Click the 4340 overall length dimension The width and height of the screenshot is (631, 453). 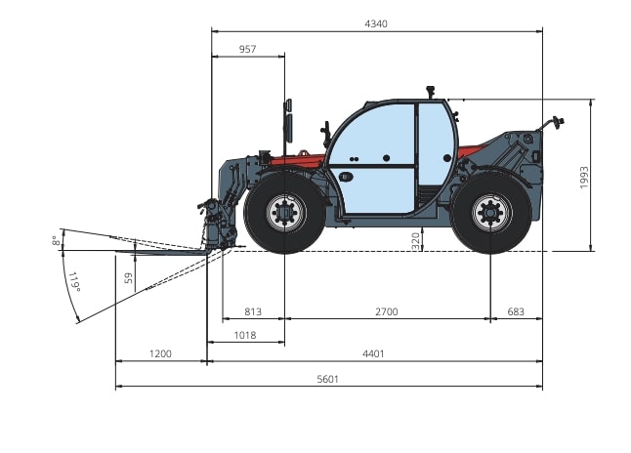[x=376, y=24]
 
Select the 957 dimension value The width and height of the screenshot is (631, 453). [x=247, y=49]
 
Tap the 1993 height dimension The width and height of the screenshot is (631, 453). [x=584, y=178]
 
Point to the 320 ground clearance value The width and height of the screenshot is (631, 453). [x=416, y=241]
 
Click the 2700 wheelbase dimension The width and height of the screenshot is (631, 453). [x=387, y=311]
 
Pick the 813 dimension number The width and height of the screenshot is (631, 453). [x=253, y=311]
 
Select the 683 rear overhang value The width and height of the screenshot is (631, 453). [x=516, y=311]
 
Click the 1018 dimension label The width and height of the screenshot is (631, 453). [x=244, y=335]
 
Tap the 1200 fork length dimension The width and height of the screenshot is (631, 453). [x=160, y=354]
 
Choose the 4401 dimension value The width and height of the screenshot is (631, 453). [x=373, y=354]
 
